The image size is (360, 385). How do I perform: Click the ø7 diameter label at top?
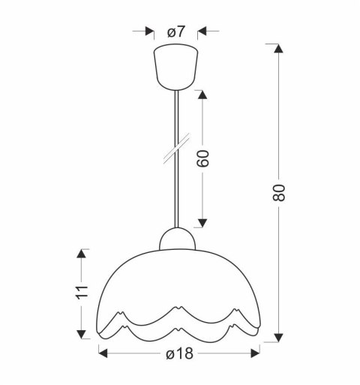pyautogui.click(x=176, y=32)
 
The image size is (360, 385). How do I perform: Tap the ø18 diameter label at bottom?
pyautogui.click(x=179, y=354)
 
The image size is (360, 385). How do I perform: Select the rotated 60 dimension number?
pyautogui.click(x=202, y=158)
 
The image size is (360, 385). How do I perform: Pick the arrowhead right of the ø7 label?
pyautogui.click(x=202, y=32)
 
